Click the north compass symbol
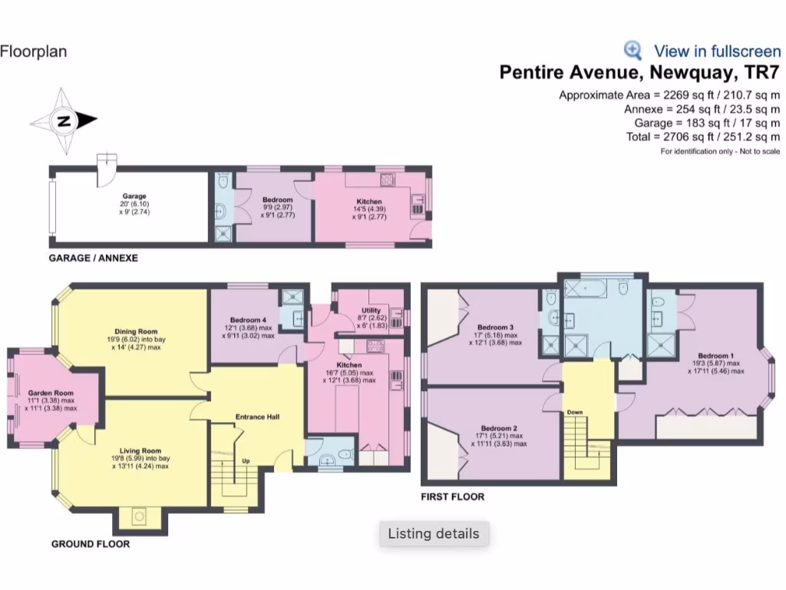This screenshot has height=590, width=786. pos(64,121)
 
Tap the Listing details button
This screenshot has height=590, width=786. pos(434,534)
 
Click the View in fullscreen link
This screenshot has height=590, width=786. pos(717,51)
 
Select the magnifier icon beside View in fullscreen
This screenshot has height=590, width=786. pos(632,51)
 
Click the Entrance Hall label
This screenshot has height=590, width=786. pos(257,417)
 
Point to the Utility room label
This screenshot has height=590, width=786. pos(370,311)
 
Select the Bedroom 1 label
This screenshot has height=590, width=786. pos(715,356)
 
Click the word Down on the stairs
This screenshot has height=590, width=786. pos(575,412)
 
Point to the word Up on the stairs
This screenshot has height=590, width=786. pos(246,461)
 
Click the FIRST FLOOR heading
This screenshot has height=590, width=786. pos(452,497)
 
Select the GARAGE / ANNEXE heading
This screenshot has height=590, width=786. pos(93,258)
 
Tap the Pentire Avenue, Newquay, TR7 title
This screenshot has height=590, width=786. pos(639,73)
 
